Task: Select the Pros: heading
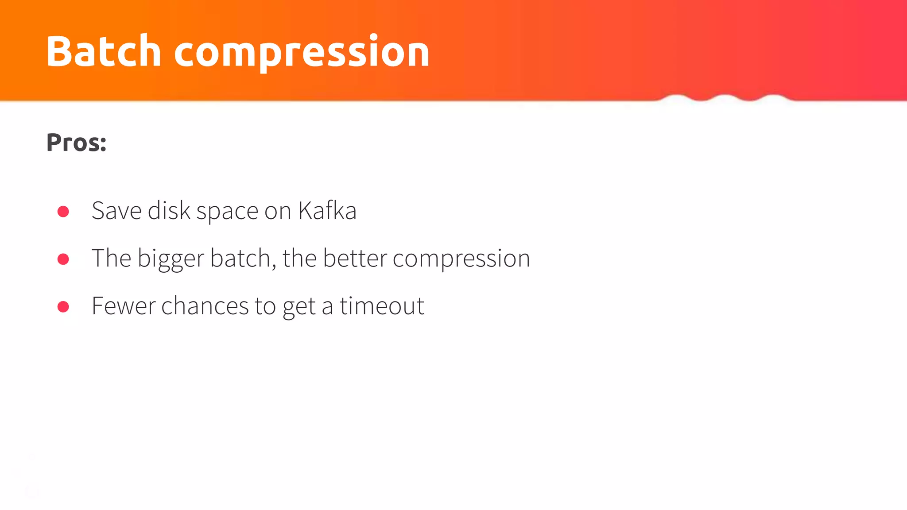pos(76,143)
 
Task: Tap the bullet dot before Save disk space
pos(63,211)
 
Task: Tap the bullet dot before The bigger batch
pos(63,259)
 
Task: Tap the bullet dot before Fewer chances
pos(63,306)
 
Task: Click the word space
pos(227,212)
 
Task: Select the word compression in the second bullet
pos(461,259)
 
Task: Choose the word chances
pos(205,306)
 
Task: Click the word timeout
pos(382,306)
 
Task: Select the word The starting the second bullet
pos(111,258)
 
